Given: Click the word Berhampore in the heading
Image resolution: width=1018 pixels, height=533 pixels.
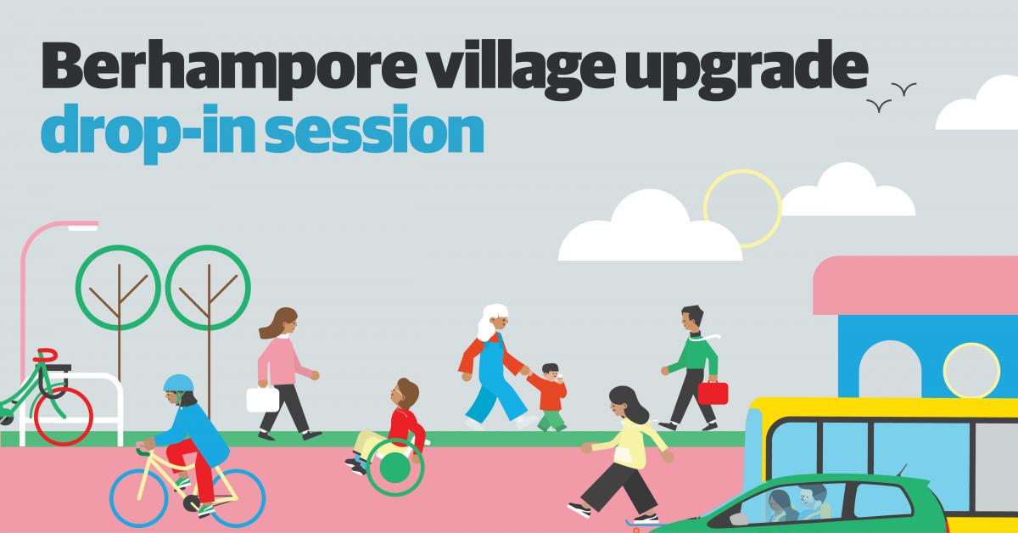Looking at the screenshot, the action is coord(228,69).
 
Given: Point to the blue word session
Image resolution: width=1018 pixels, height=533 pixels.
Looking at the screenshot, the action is coord(374,130).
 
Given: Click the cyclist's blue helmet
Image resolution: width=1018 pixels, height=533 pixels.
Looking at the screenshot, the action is coord(179,384).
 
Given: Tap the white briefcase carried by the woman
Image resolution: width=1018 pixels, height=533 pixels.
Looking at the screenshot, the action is coord(263,399).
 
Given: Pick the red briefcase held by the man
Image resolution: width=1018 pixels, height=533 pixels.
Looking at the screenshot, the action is coord(713,393).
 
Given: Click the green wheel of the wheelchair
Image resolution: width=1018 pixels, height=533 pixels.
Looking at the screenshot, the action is coord(395,467).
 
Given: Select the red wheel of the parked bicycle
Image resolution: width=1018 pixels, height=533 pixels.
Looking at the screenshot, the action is coord(63,416).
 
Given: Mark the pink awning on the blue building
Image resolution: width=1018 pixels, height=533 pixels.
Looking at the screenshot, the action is coord(915,286).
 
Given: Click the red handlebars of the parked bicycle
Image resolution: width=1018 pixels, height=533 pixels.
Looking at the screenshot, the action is coord(46,355).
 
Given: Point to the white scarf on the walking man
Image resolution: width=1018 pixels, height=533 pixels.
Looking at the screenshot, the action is coord(705,338).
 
